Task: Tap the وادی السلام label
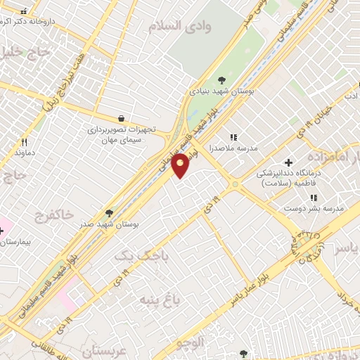click(181, 26)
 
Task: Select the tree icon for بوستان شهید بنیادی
click(222, 79)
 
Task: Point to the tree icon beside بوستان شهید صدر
click(108, 212)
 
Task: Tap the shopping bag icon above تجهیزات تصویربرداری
click(122, 119)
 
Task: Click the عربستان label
click(106, 349)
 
